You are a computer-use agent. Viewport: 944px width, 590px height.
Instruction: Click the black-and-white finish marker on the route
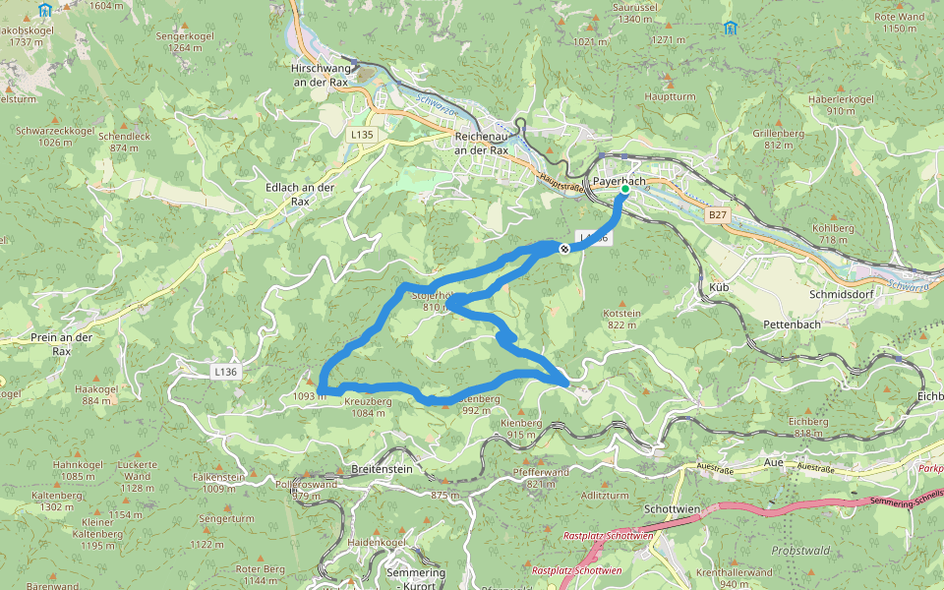(564, 249)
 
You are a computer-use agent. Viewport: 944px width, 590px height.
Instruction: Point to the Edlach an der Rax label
(300, 194)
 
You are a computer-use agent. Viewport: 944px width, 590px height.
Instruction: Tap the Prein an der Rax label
(61, 343)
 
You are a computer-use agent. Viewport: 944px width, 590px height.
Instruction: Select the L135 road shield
(362, 134)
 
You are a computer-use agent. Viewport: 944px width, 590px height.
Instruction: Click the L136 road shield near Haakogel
(225, 372)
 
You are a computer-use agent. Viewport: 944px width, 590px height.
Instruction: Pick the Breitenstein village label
(382, 470)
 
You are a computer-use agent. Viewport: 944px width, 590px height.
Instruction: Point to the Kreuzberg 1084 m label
(368, 407)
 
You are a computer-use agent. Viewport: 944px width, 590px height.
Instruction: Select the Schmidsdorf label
(842, 294)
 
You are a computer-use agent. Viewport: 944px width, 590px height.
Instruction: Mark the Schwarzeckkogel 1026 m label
(55, 136)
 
